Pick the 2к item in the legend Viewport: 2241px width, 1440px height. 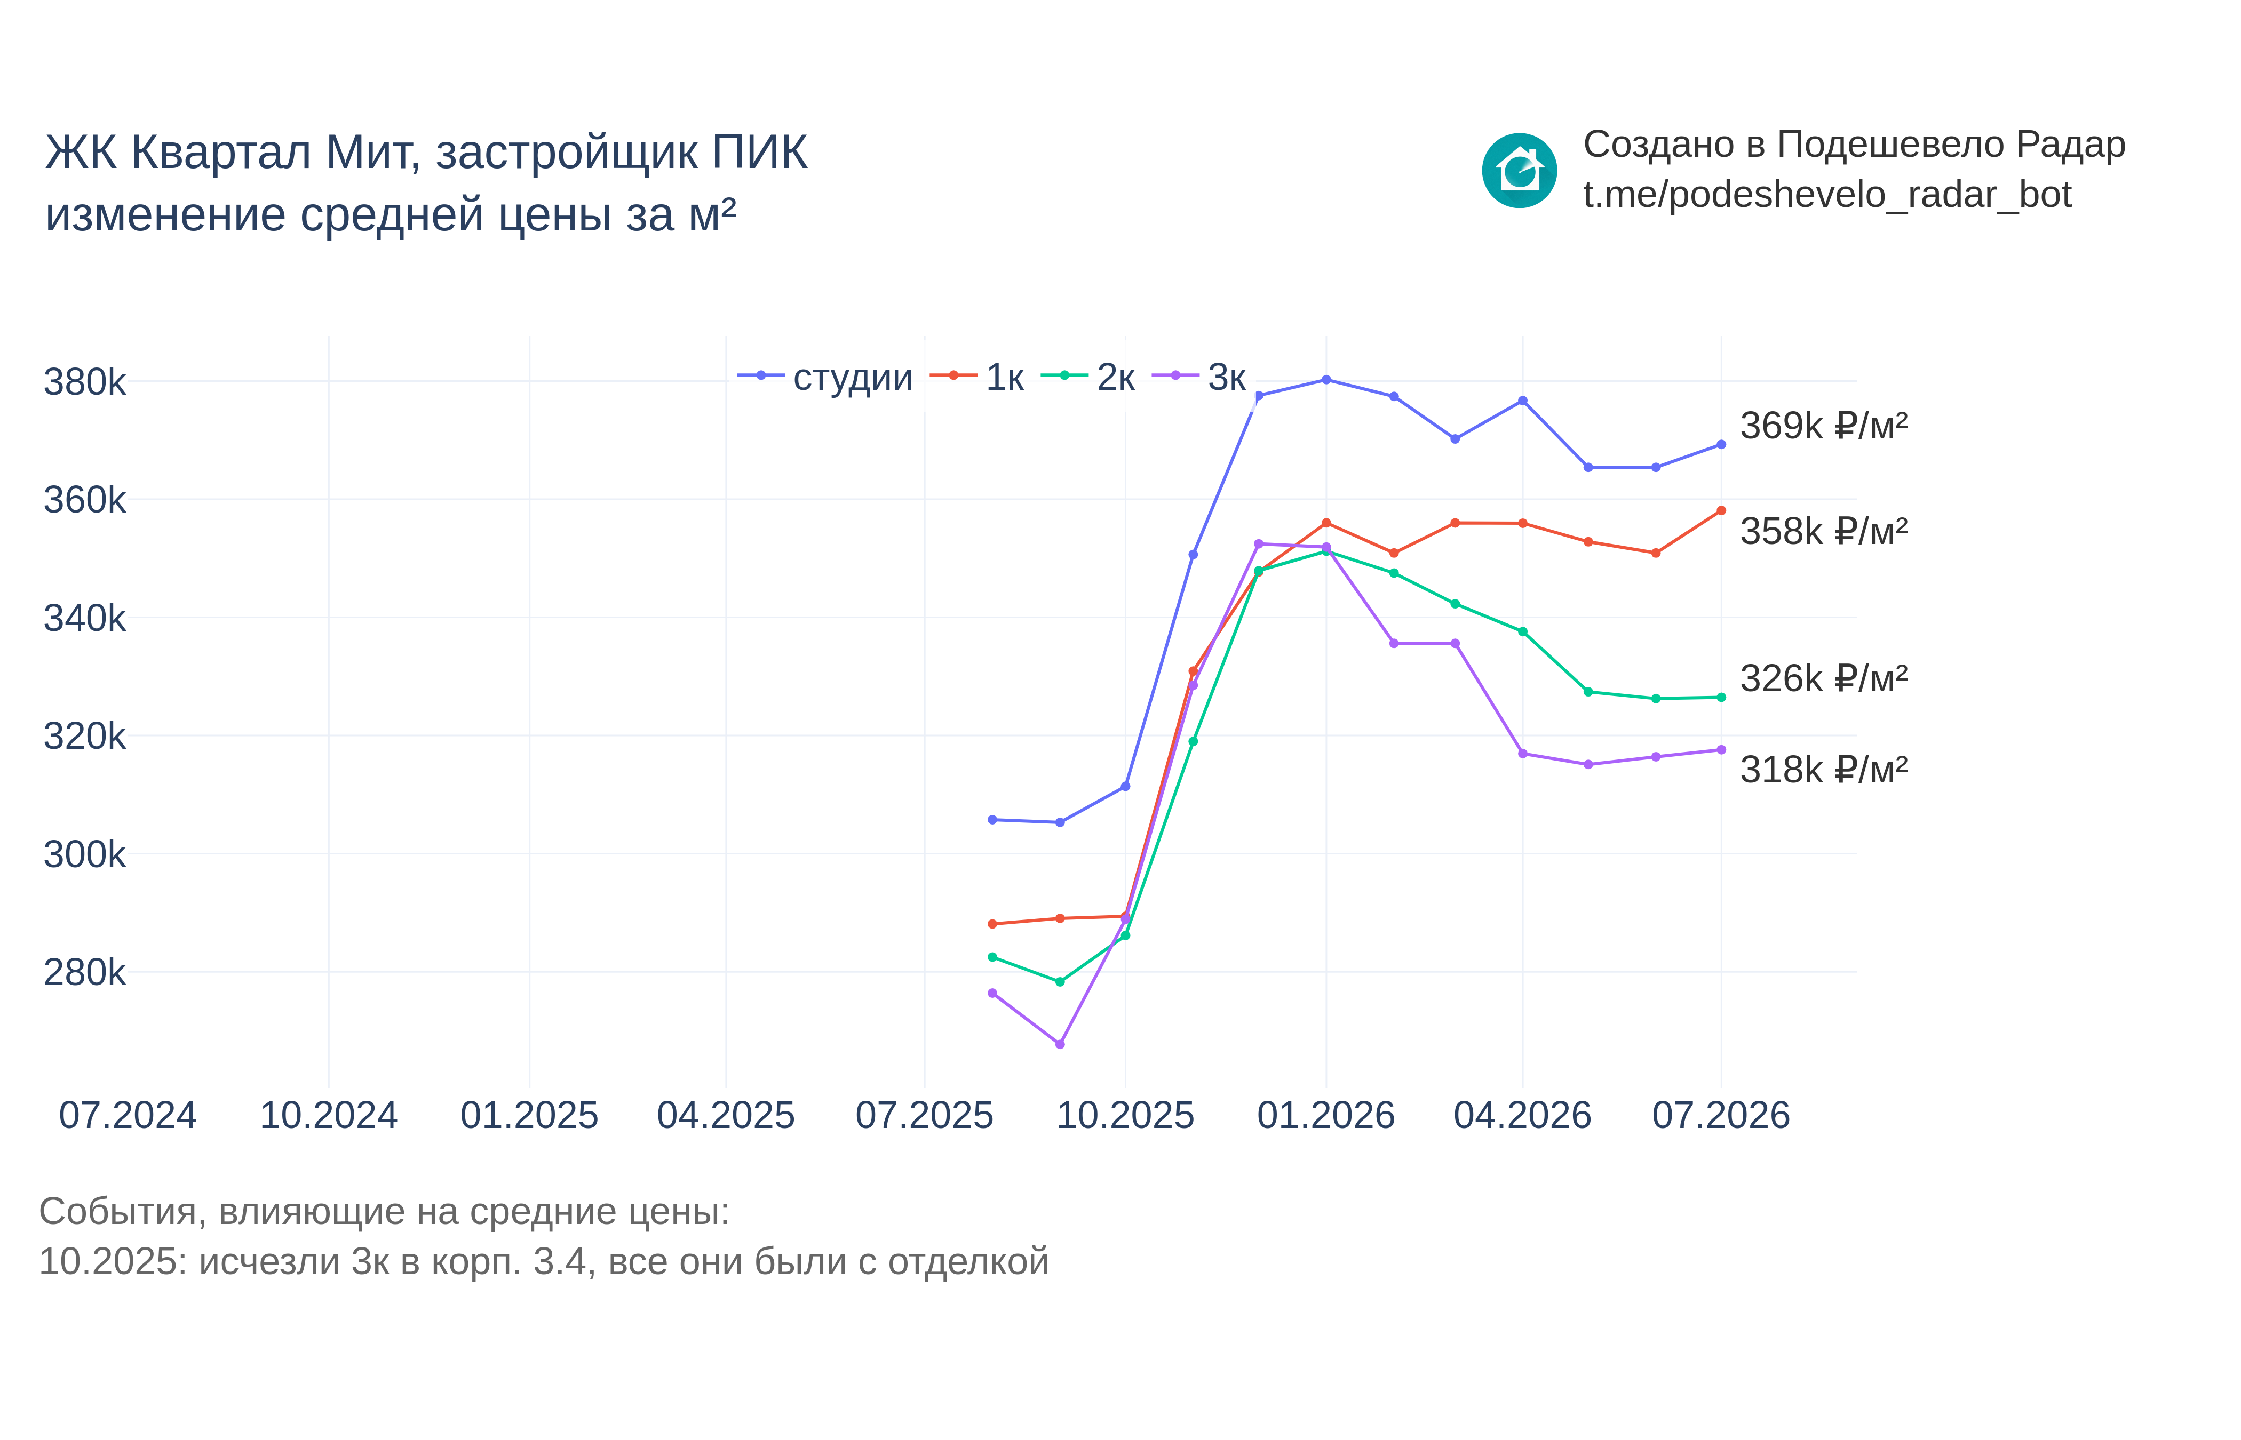point(1088,377)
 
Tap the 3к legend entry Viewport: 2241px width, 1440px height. point(1199,377)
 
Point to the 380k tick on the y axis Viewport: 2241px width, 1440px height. point(84,381)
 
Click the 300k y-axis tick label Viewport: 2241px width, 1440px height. point(84,854)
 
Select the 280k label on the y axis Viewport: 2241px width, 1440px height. point(84,972)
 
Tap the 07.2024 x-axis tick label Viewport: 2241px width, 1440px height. point(128,1116)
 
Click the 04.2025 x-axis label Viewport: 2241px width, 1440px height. point(726,1116)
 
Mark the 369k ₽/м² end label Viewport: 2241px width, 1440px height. point(1824,426)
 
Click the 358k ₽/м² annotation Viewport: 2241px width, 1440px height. point(1824,531)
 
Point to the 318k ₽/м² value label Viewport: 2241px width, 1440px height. point(1824,770)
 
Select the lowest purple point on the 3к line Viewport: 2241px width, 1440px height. point(1060,1044)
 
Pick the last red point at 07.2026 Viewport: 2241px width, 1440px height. point(1721,510)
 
